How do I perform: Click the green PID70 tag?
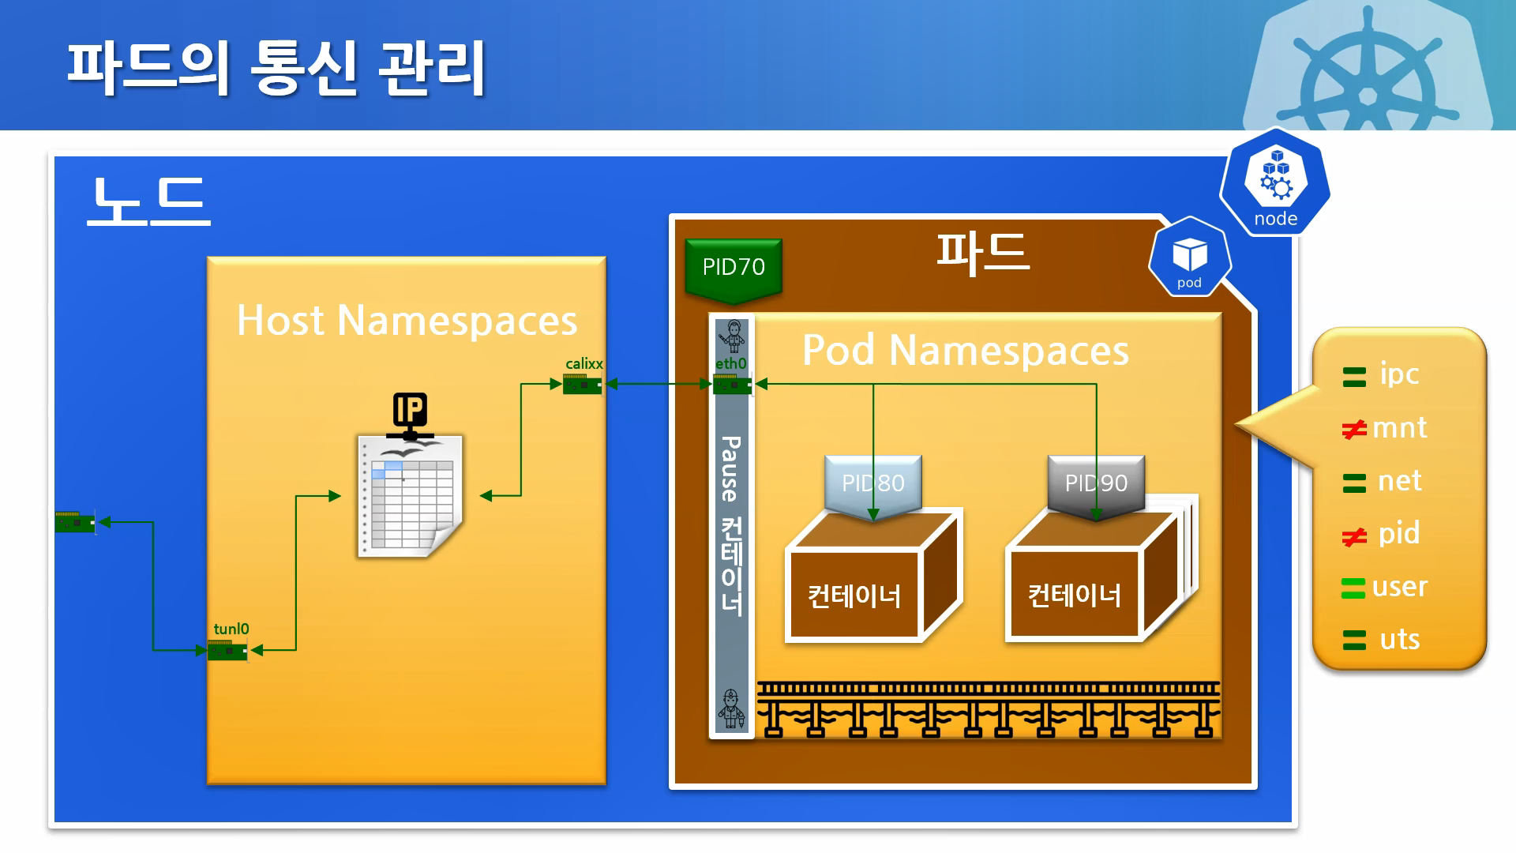point(734,268)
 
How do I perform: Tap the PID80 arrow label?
point(872,483)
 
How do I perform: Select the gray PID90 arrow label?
point(1096,483)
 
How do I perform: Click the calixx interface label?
point(584,364)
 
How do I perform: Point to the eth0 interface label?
point(730,364)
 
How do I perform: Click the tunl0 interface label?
point(231,629)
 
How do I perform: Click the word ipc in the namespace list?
point(1399,374)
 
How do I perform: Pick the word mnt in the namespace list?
point(1399,428)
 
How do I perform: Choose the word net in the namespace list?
point(1399,481)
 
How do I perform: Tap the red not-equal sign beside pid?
point(1354,537)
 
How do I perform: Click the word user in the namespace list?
point(1399,587)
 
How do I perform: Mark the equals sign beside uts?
point(1354,640)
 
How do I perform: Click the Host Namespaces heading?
point(407,321)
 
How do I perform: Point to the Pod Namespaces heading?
point(965,350)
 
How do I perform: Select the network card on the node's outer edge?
point(75,522)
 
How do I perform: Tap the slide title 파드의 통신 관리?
point(276,69)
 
